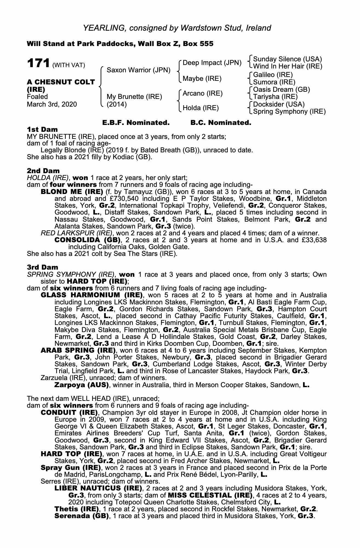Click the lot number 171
coord(38,63)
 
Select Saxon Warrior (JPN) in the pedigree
coord(139,70)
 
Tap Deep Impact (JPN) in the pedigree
coord(212,63)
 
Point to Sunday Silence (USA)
coord(287,59)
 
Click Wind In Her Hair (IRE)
coord(288,66)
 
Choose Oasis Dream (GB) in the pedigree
coord(281,89)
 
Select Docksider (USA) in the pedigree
coord(279,104)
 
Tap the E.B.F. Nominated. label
coord(136,123)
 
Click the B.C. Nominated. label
coord(221,123)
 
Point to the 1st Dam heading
coord(42,129)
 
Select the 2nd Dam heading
coord(43,171)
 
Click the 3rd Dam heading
coord(42,267)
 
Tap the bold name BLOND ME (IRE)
coord(72,191)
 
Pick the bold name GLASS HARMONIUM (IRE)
coord(92,295)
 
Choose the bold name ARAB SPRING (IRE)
coord(78,350)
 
